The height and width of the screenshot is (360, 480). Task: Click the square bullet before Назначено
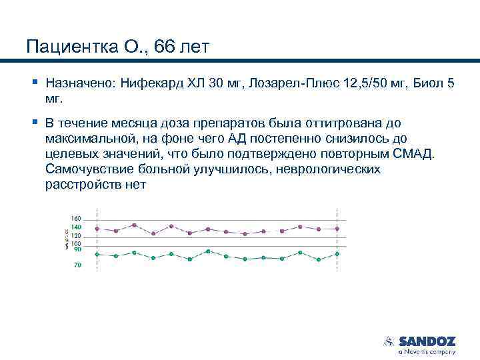[34, 83]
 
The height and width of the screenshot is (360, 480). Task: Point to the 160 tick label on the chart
[75, 219]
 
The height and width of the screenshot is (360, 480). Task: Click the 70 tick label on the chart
[77, 265]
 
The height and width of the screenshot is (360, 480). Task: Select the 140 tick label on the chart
[75, 227]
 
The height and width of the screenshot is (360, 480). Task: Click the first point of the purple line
[97, 229]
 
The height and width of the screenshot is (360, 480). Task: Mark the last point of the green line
[337, 254]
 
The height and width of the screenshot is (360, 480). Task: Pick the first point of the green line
[97, 254]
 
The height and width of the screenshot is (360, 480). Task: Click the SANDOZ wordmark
[427, 341]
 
